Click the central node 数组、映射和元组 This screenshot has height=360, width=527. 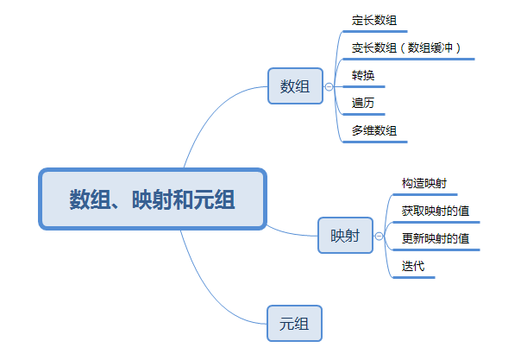point(152,199)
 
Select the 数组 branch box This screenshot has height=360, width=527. point(295,86)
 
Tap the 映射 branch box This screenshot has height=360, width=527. point(345,235)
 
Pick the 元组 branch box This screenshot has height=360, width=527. point(294,325)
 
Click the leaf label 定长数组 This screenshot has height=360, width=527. point(374,20)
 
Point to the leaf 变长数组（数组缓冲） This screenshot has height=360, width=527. point(413,47)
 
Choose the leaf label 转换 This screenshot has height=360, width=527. point(363,75)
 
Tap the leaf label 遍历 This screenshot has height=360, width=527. point(363,103)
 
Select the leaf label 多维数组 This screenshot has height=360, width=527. point(374,130)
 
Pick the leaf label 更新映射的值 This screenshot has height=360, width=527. point(436,237)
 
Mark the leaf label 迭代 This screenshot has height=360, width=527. point(413,265)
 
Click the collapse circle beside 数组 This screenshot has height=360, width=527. point(329,86)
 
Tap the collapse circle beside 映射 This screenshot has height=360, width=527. point(379,235)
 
